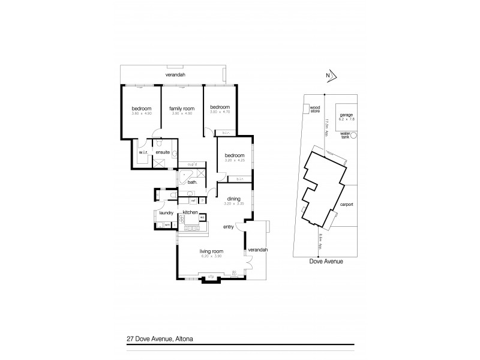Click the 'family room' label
pos(182,108)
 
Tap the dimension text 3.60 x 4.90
pos(142,113)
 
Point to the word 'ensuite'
pos(163,152)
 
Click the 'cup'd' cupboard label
pos(193,164)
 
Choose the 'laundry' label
pos(166,212)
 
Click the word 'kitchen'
pos(190,212)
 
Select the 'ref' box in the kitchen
pos(193,200)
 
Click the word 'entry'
pos(228,227)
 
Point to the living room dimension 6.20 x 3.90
pos(212,256)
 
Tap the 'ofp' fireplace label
pos(211,276)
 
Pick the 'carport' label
pos(346,204)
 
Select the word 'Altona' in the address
pos(183,338)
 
